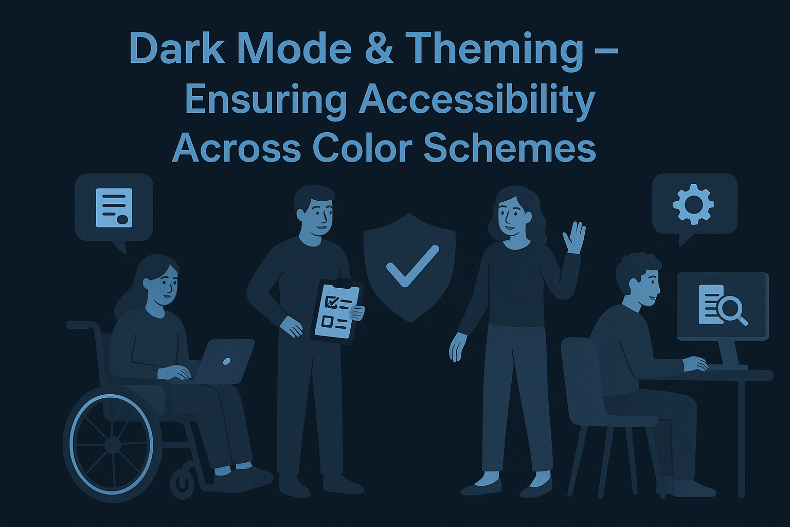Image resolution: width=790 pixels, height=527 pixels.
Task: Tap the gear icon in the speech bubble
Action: tap(693, 205)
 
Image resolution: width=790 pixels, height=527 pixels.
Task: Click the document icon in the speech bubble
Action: tap(114, 208)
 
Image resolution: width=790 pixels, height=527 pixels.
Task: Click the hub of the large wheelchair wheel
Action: tap(112, 445)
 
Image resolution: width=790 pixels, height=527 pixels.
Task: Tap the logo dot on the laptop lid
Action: tap(226, 361)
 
